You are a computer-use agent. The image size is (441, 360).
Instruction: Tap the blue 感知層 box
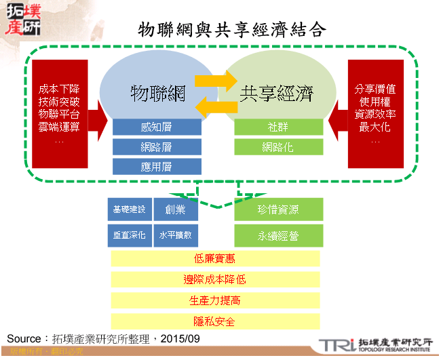click(157, 127)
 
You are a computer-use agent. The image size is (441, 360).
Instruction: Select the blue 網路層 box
click(157, 146)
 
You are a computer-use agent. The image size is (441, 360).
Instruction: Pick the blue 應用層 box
click(157, 166)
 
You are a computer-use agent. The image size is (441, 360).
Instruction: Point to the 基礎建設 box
click(129, 209)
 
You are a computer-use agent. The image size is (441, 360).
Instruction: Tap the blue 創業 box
click(175, 209)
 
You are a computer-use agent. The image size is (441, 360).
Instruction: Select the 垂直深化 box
click(129, 235)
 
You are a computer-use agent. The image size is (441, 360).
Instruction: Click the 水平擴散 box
click(175, 235)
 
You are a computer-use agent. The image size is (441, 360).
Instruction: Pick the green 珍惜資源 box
click(278, 209)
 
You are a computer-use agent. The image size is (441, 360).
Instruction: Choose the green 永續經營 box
click(278, 236)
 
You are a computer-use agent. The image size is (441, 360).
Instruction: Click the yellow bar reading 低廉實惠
click(214, 258)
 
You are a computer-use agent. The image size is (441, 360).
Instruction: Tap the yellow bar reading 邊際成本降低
click(214, 279)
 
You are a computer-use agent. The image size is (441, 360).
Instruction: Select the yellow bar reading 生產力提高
click(214, 300)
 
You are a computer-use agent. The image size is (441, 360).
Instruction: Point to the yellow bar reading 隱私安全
click(214, 321)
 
